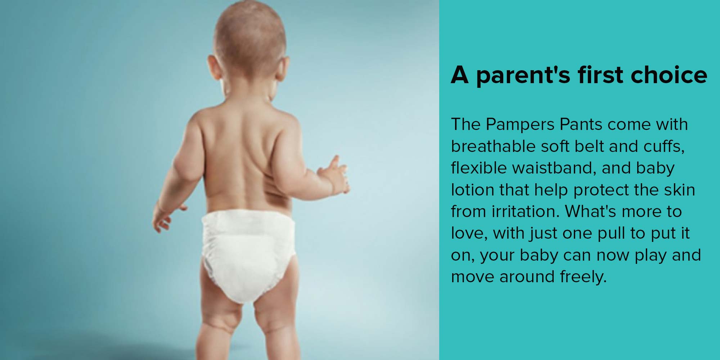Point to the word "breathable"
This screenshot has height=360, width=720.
493,147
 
